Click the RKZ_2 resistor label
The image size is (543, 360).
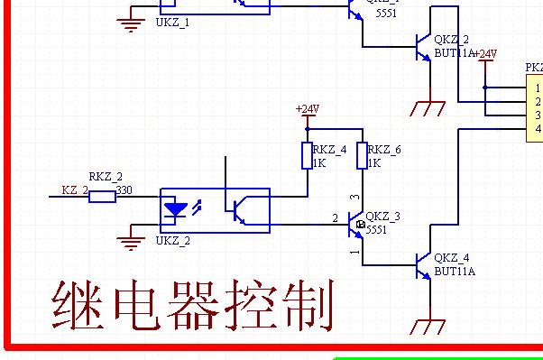105,177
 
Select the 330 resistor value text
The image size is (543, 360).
124,189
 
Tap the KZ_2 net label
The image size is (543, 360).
74,190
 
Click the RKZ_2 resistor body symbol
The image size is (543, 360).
102,196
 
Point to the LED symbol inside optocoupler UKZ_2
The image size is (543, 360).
174,209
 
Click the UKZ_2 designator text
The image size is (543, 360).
172,241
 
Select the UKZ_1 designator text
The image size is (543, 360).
172,22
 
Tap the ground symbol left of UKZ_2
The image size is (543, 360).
133,239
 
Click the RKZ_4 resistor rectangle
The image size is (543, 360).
307,156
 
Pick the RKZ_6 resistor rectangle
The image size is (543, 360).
362,156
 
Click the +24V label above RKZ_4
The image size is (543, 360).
307,109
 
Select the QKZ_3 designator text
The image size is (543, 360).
382,217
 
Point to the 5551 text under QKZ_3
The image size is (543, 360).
376,231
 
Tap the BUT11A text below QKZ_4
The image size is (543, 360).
454,271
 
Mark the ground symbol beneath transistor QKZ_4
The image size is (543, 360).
428,325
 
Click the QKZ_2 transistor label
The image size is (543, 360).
451,40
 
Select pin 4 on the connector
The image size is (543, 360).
537,129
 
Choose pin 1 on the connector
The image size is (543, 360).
537,88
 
